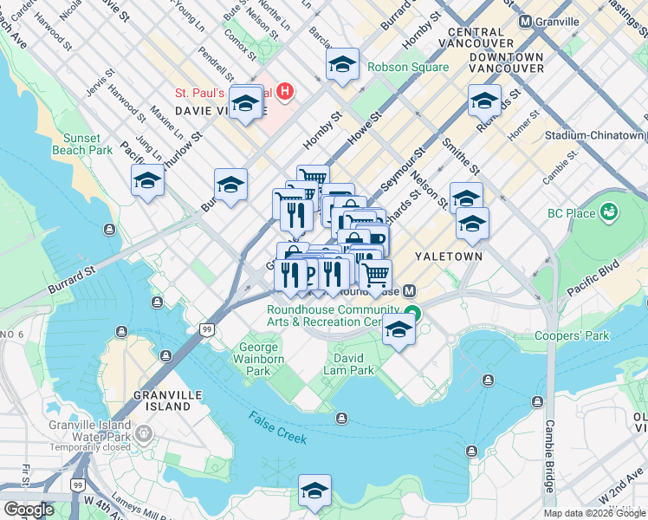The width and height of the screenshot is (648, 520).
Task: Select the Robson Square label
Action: (407, 68)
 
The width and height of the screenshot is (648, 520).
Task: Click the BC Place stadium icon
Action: (609, 211)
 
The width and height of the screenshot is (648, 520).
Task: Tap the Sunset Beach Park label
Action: (87, 144)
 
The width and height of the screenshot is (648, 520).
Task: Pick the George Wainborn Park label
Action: (260, 360)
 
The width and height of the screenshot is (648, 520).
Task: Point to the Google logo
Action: (29, 510)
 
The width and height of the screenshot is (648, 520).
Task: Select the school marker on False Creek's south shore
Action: (314, 490)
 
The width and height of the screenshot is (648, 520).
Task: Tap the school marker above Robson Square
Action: (342, 64)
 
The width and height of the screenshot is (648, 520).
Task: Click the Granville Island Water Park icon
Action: (144, 432)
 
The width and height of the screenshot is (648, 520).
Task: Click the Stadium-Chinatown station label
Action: (596, 136)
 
